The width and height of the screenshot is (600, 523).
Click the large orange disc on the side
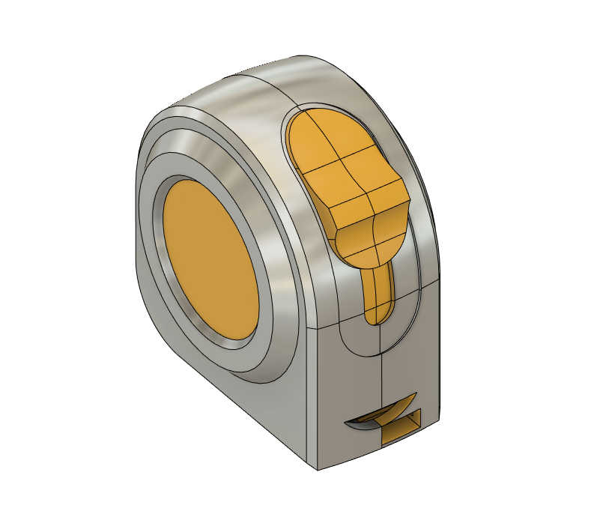tap(210, 259)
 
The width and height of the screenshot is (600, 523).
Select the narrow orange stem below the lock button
tap(378, 292)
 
